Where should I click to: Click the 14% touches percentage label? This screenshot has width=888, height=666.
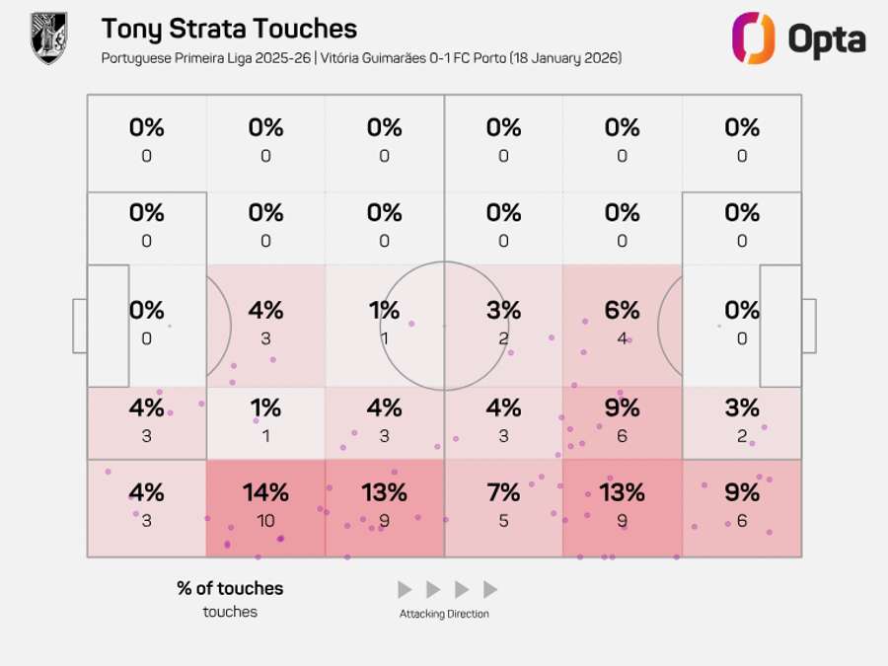[x=265, y=491]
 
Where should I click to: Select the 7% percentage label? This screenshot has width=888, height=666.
[x=503, y=491]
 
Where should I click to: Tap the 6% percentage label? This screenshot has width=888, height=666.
[x=622, y=310]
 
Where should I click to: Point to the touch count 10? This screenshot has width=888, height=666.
[x=265, y=520]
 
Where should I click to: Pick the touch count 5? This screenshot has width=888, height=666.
[x=503, y=520]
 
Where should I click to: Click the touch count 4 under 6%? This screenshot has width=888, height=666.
[x=622, y=338]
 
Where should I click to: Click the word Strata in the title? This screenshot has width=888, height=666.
[x=218, y=30]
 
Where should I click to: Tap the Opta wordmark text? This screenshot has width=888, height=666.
[x=827, y=39]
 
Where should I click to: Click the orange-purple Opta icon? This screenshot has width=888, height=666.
[x=752, y=38]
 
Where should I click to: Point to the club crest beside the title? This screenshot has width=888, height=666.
[x=48, y=38]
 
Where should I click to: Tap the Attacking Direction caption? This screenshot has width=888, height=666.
[x=444, y=614]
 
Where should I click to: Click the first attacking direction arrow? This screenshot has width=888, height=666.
[x=404, y=590]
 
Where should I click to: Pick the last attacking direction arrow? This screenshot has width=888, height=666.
[x=490, y=590]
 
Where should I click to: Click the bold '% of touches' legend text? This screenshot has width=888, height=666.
[x=230, y=588]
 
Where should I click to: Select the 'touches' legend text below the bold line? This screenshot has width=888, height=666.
[x=230, y=612]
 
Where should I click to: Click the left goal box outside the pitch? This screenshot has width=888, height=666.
[x=80, y=326]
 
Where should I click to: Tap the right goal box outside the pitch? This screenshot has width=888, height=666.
[x=808, y=326]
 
